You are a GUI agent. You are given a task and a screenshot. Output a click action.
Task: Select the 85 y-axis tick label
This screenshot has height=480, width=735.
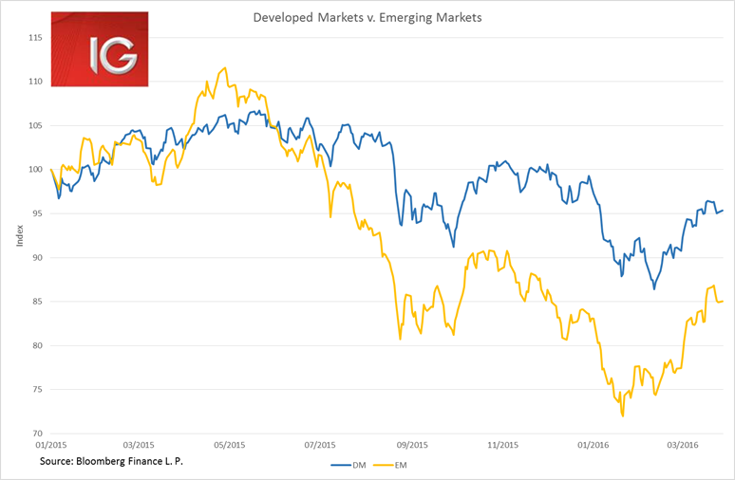tap(37, 302)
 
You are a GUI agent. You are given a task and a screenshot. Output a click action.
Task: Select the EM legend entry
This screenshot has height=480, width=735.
tap(391, 465)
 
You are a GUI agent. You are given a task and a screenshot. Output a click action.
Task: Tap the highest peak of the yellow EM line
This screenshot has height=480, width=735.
tap(224, 67)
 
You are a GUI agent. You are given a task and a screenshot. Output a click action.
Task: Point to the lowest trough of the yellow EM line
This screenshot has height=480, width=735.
tap(623, 415)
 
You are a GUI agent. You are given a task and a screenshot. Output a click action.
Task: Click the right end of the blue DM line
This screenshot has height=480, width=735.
tap(724, 211)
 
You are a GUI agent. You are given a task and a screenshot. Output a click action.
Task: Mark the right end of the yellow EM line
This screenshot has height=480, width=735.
tap(724, 302)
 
